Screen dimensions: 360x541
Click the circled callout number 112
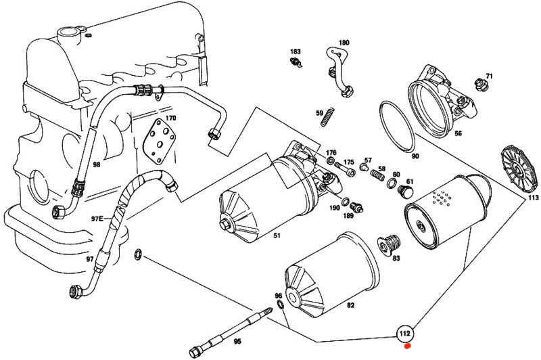[405, 333]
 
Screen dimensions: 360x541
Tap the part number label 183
[296, 52]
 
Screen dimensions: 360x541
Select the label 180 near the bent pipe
[344, 43]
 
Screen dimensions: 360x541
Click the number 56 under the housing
[458, 134]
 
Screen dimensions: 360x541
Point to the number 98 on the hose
[96, 165]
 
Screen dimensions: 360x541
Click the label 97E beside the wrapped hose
[97, 219]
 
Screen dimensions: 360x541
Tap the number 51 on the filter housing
[277, 235]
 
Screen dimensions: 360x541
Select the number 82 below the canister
[350, 307]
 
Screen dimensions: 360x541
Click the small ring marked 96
[279, 308]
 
